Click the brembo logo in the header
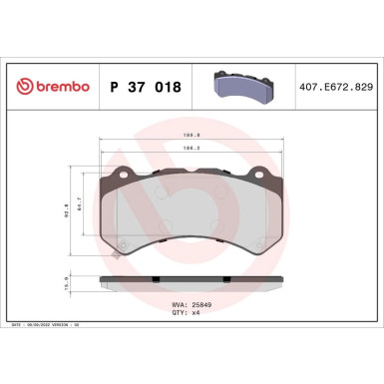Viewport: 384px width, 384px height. click(49, 88)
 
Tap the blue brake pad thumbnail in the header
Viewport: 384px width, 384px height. click(245, 87)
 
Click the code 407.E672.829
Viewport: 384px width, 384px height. click(335, 88)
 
